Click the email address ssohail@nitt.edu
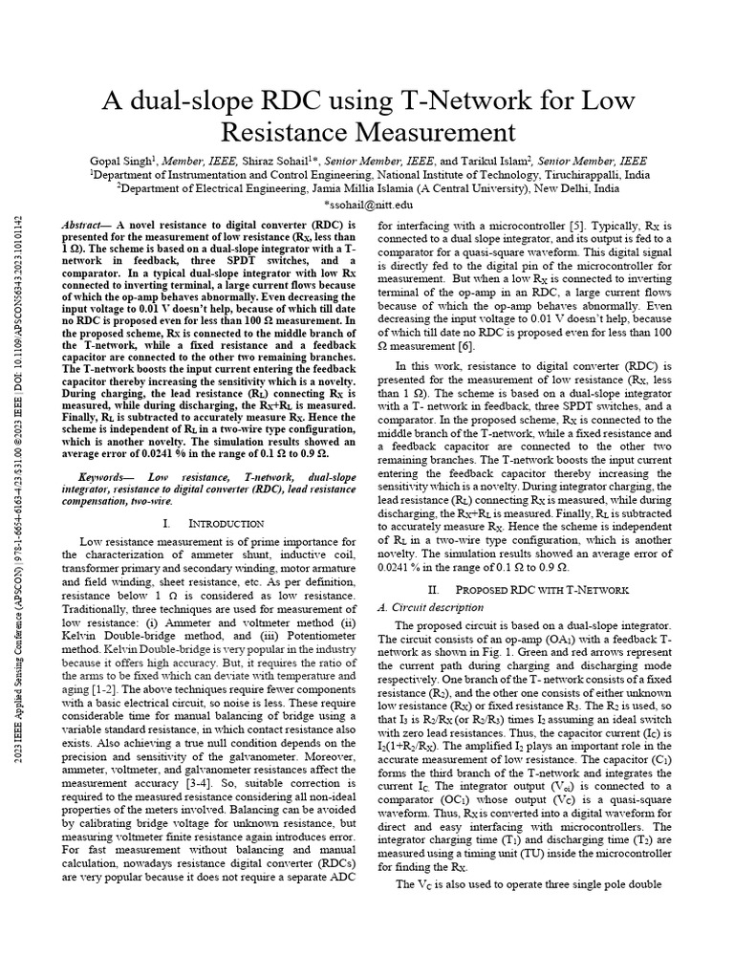(369, 205)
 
